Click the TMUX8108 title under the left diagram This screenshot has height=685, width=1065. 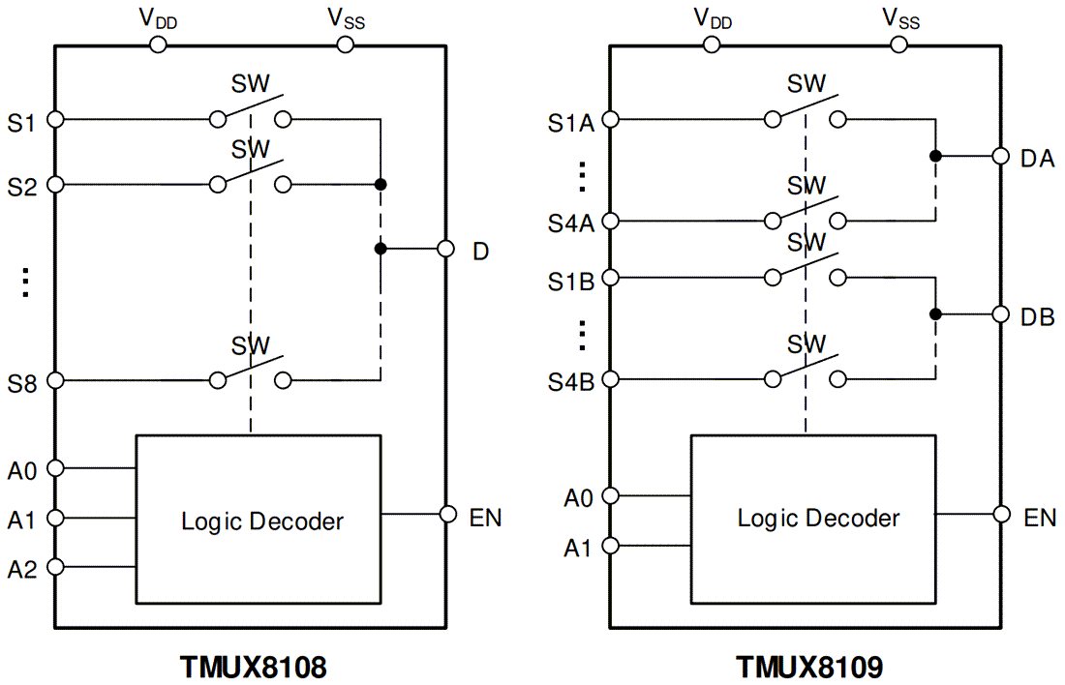pyautogui.click(x=253, y=667)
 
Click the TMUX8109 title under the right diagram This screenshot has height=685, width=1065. pyautogui.click(x=809, y=667)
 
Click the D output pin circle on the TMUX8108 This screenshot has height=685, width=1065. pyautogui.click(x=446, y=249)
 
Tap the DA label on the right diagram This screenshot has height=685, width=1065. pyautogui.click(x=1037, y=158)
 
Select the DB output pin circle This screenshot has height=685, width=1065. pyautogui.click(x=1001, y=314)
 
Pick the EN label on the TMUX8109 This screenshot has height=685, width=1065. pyautogui.click(x=1040, y=518)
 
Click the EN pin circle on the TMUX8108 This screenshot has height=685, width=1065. pyautogui.click(x=447, y=514)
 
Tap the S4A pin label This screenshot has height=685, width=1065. pyautogui.click(x=570, y=223)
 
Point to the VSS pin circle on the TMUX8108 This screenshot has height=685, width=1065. pyautogui.click(x=345, y=45)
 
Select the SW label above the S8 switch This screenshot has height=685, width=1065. pyautogui.click(x=251, y=345)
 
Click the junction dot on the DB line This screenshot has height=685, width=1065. pyautogui.click(x=934, y=314)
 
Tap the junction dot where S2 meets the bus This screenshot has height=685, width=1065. pyautogui.click(x=380, y=184)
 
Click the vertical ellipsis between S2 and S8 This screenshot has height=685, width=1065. pyautogui.click(x=26, y=282)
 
